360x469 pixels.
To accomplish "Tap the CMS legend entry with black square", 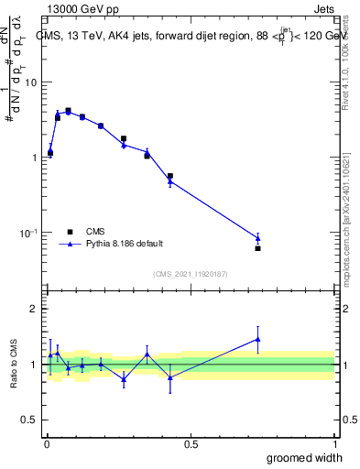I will point(88,232).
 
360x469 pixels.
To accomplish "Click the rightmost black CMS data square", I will point(257,248).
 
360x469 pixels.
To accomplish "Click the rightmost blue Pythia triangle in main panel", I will point(257,238).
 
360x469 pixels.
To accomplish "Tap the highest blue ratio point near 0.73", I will point(257,339).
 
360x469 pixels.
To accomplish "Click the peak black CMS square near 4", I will point(68,111).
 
